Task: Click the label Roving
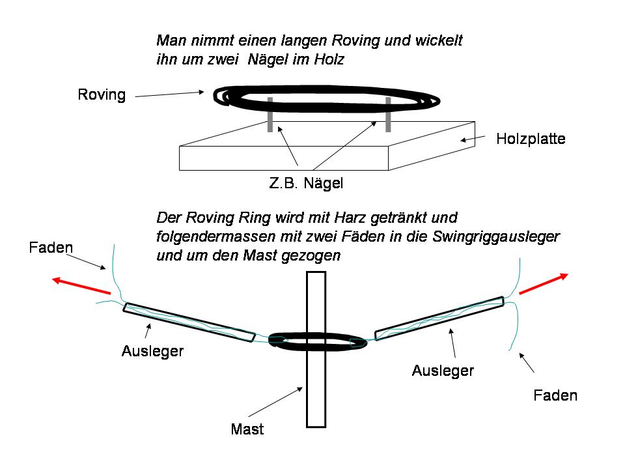tap(102, 94)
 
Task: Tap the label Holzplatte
tap(531, 139)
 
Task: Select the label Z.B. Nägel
tap(306, 184)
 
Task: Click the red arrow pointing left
tap(81, 285)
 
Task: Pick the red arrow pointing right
tap(544, 284)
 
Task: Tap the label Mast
tap(247, 429)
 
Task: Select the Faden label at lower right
tap(555, 395)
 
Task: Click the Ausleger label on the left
tap(152, 351)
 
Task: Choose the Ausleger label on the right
tap(443, 371)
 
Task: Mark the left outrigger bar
tap(189, 322)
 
